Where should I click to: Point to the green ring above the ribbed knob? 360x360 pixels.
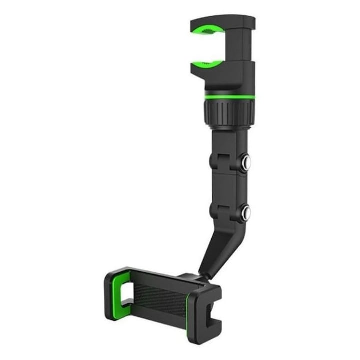tap(229, 96)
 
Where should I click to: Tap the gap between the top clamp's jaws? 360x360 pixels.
tap(212, 47)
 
